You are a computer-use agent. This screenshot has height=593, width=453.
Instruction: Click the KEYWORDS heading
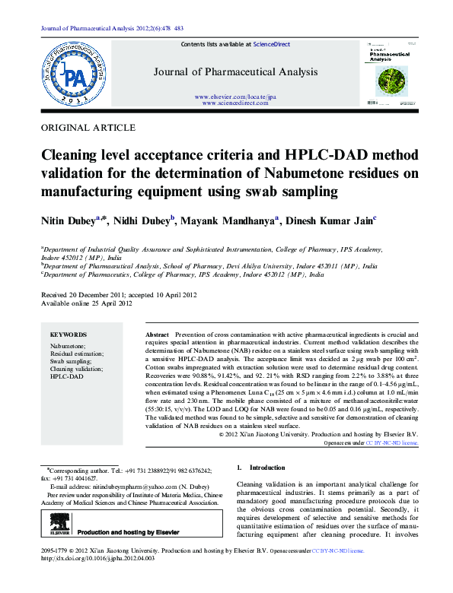[x=68, y=335]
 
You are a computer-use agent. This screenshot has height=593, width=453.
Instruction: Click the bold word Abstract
[x=157, y=335]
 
